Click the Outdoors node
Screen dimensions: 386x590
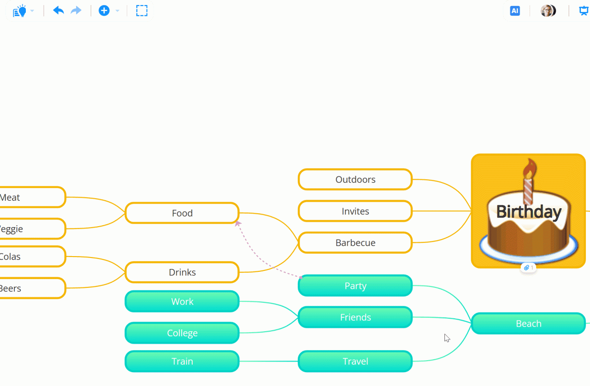[355, 180]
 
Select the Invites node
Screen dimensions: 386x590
[355, 211]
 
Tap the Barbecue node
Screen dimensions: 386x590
[355, 243]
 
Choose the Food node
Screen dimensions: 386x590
[182, 213]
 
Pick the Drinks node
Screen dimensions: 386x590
[182, 272]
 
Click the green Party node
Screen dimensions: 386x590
[355, 286]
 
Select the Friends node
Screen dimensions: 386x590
[355, 317]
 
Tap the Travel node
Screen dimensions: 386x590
[355, 362]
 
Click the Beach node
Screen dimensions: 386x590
[528, 324]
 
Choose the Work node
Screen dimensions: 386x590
[182, 302]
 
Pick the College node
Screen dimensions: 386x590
[182, 333]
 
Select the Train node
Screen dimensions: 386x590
[182, 362]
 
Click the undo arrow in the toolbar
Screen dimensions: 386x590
[58, 11]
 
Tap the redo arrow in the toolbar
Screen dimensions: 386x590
[76, 11]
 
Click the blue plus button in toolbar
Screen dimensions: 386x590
[104, 11]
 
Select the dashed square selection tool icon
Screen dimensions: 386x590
[142, 11]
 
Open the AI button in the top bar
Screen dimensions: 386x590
[515, 11]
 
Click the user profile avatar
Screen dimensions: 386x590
[548, 11]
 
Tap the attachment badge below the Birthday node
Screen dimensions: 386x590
[528, 268]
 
